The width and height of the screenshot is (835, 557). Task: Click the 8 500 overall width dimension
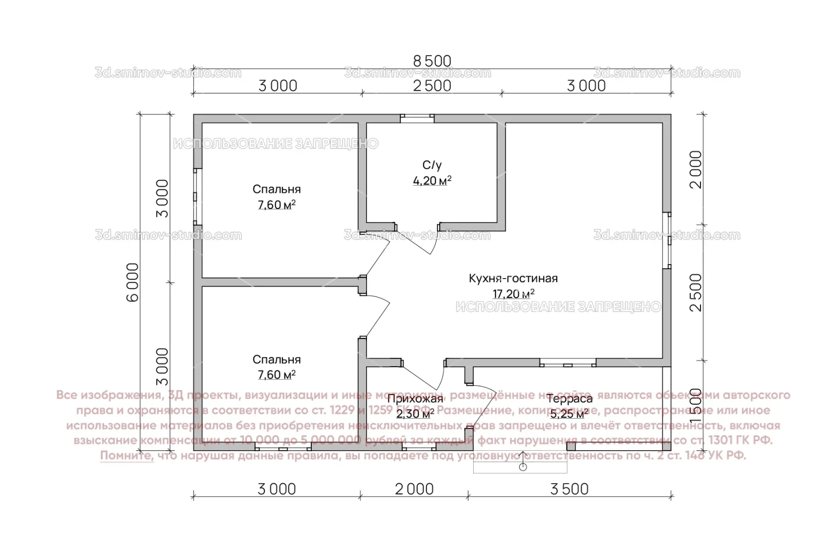tap(432, 61)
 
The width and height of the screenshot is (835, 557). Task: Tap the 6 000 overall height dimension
tap(132, 282)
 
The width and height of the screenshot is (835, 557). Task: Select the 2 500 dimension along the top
tap(432, 86)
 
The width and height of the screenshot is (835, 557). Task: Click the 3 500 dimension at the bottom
tap(569, 489)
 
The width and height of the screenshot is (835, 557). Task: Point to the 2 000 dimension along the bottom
tap(414, 489)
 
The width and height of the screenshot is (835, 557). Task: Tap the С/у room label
tap(432, 165)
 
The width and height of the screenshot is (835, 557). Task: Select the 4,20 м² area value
tap(432, 181)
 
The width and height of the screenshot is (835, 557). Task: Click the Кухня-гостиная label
tap(513, 278)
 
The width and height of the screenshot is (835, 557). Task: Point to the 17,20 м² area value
tap(513, 294)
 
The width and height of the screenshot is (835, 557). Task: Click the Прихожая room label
tap(415, 399)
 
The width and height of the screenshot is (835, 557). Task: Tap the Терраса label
tap(569, 399)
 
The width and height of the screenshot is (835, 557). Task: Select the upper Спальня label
tap(276, 189)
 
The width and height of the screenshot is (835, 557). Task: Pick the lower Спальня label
tap(276, 359)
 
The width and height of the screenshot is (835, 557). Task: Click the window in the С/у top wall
tap(417, 118)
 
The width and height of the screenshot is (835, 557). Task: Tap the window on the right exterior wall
tap(667, 240)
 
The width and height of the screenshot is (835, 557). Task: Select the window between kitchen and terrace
tap(567, 363)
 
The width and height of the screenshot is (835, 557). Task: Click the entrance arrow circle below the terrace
tap(523, 467)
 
